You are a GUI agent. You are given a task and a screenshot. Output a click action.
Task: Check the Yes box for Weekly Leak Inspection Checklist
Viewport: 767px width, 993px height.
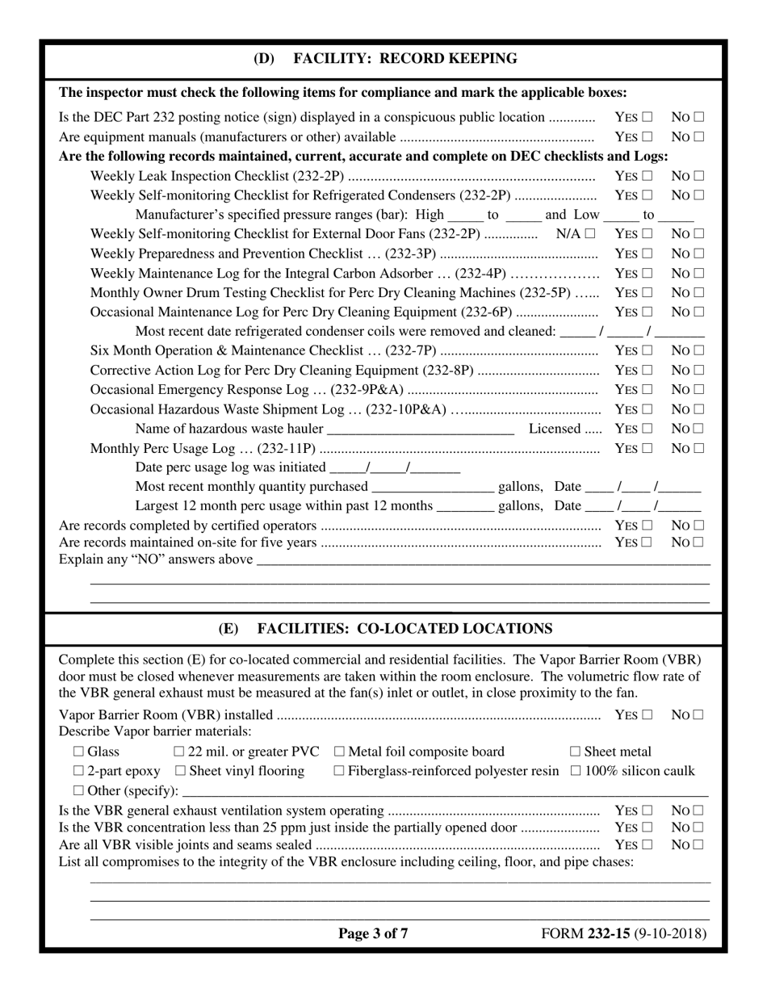(648, 176)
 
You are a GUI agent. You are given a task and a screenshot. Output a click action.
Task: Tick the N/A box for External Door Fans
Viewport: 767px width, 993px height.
(590, 234)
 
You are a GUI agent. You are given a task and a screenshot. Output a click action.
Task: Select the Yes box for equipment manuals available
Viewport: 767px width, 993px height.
(648, 137)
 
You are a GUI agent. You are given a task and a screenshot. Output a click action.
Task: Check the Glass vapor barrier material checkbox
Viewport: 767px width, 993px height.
(78, 752)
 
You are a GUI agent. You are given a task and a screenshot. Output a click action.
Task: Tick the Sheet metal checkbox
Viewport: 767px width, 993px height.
(576, 752)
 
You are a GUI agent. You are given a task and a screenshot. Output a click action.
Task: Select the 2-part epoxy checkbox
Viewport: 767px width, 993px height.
(78, 772)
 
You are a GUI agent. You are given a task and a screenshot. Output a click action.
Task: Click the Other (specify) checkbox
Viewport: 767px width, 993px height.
(78, 791)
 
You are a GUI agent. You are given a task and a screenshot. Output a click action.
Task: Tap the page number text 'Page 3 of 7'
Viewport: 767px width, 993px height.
(373, 934)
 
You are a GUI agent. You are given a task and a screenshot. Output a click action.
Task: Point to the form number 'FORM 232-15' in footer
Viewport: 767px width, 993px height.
(585, 934)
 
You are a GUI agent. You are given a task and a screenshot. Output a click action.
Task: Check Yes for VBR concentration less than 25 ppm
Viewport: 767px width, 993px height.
(648, 828)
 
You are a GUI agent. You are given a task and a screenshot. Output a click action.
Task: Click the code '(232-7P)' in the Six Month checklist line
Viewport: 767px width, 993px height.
(412, 350)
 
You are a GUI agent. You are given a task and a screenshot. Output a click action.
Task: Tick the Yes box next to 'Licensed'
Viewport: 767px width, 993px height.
(648, 429)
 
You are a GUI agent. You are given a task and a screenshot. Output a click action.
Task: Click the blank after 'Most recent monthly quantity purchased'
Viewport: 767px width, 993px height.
(432, 488)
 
